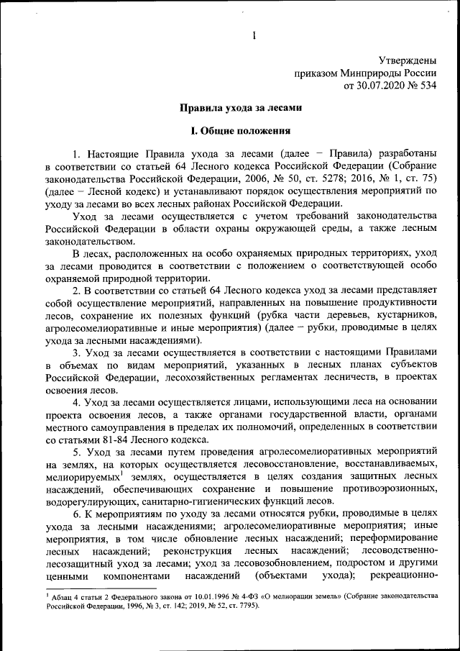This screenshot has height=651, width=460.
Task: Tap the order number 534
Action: click(x=427, y=86)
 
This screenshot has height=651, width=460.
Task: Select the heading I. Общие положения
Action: click(x=239, y=132)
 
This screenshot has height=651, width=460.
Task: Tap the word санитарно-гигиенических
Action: click(x=214, y=501)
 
